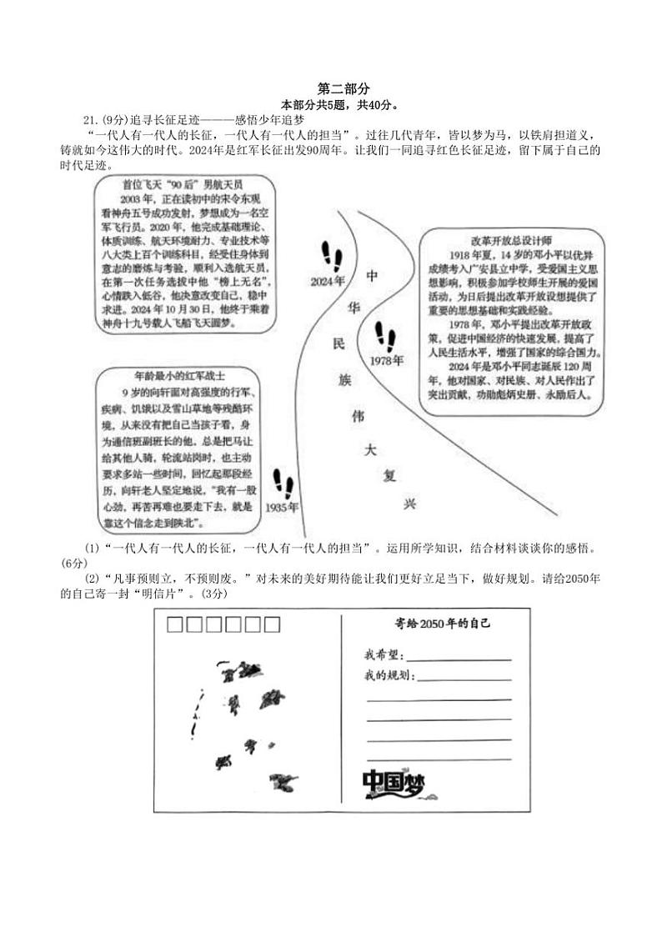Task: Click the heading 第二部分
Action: click(x=344, y=88)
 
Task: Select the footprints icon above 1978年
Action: click(x=385, y=336)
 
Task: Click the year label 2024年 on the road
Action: click(x=327, y=281)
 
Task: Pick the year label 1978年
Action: click(x=387, y=360)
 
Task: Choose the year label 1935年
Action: click(x=282, y=507)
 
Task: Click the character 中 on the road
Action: click(x=373, y=276)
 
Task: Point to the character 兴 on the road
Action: click(x=409, y=504)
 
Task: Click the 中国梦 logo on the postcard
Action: click(x=394, y=784)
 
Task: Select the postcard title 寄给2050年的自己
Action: click(x=442, y=624)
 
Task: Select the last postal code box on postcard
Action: click(x=272, y=624)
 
